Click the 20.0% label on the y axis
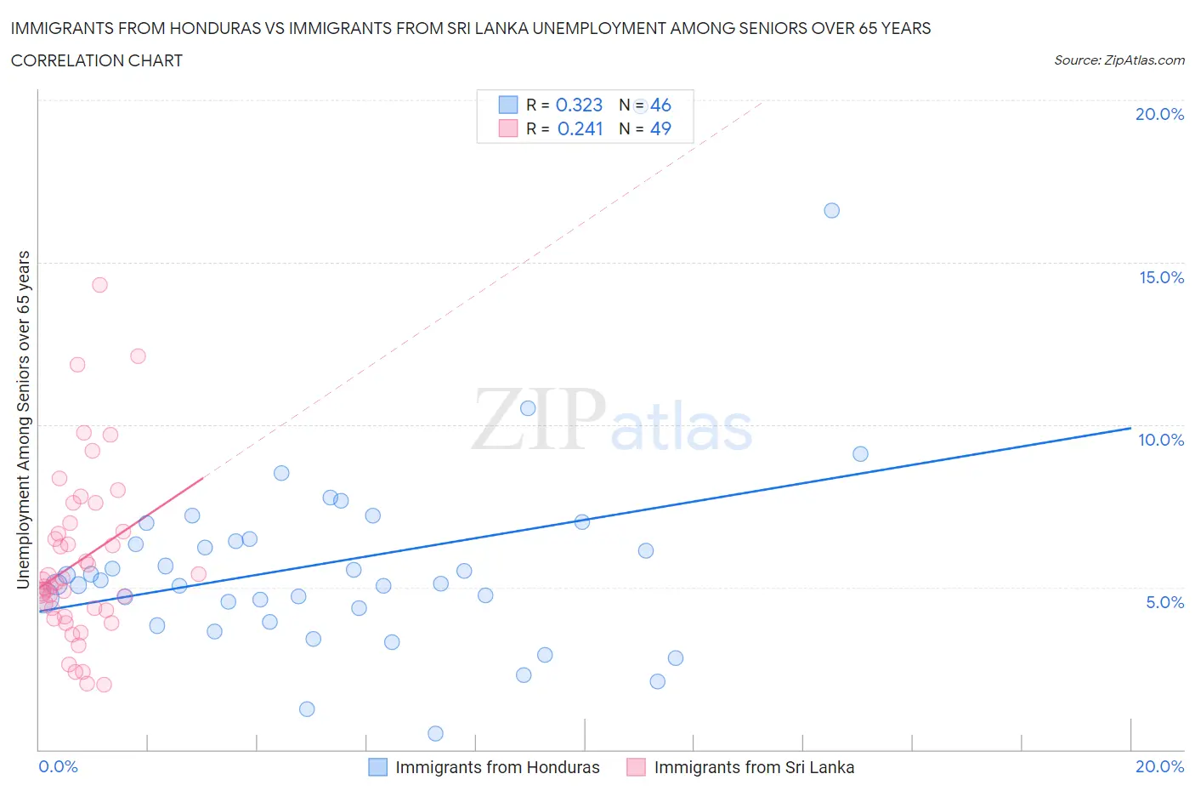coord(1159,114)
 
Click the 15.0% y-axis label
coord(1161,277)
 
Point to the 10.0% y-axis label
coord(1161,440)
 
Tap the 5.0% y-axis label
coord(1164,602)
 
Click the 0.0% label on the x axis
coord(58,766)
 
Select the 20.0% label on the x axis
coord(1159,766)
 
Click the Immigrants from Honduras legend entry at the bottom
coord(496,767)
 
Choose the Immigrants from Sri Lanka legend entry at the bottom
coord(753,767)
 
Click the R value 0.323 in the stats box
coord(579,105)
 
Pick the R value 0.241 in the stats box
coord(580,128)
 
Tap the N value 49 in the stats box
coord(660,128)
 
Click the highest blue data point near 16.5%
coord(831,210)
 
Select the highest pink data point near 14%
coord(99,285)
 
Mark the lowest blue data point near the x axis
coord(435,733)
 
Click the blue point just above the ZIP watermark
coord(528,408)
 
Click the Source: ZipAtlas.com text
coord(1119,60)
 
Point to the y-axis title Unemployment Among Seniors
coord(23,419)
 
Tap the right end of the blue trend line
coord(1130,428)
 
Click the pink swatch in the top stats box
coord(507,128)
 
